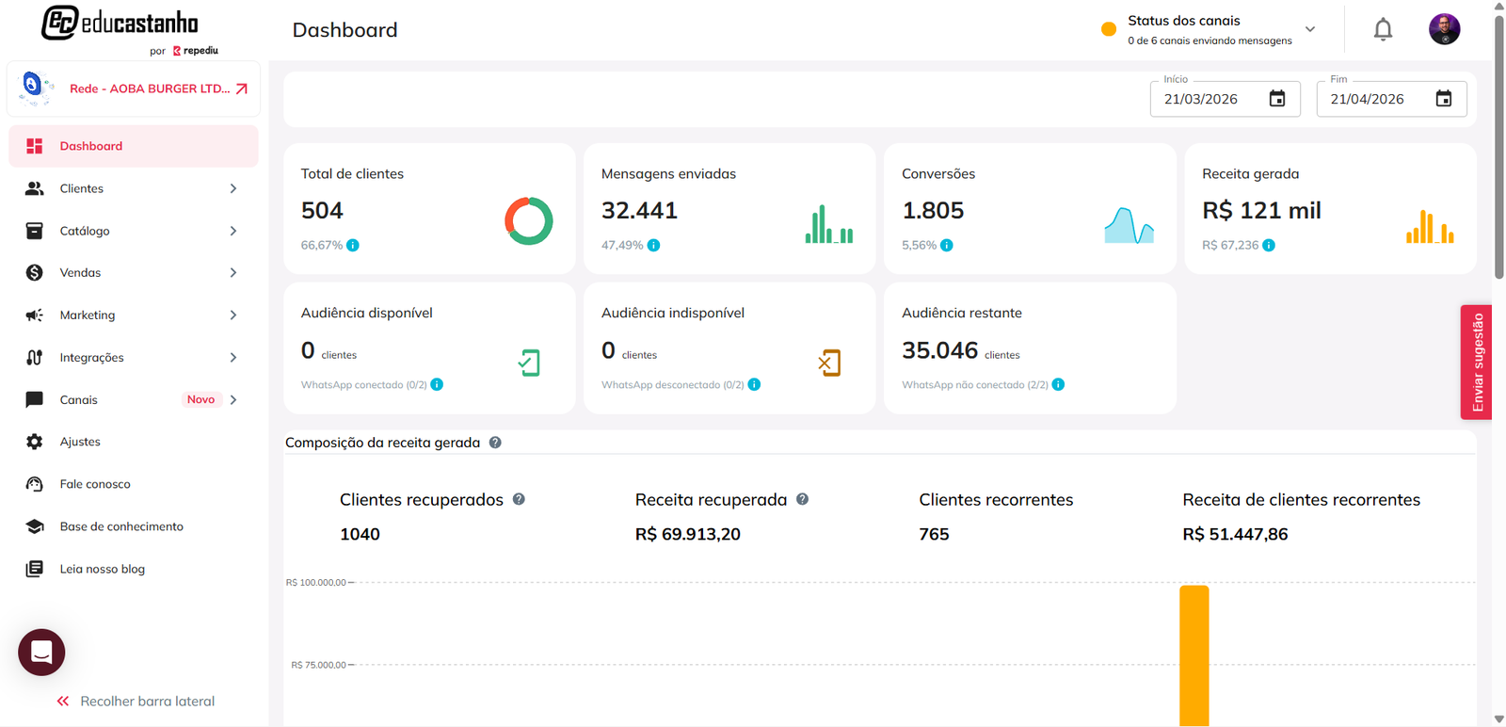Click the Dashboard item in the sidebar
click(91, 146)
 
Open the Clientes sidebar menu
click(82, 188)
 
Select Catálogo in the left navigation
click(85, 231)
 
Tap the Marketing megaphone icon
click(35, 315)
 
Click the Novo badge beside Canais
click(200, 399)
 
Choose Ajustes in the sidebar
click(80, 442)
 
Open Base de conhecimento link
click(121, 526)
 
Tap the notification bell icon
click(1383, 30)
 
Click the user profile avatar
click(1444, 29)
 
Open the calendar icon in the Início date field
click(1277, 99)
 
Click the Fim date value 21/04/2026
click(1367, 99)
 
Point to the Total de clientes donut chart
click(529, 221)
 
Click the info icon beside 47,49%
click(653, 245)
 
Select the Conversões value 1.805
click(933, 210)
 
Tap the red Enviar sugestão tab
click(1477, 362)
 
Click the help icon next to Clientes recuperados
click(519, 499)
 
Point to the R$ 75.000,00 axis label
click(318, 665)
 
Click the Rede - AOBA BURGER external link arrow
click(242, 89)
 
